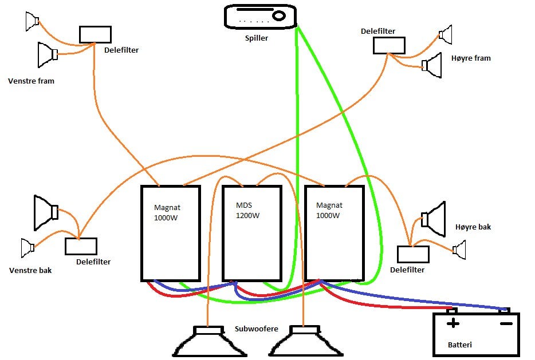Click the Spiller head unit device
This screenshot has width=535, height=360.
(261, 17)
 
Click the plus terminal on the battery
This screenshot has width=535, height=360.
(453, 323)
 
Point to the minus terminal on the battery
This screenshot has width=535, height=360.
(506, 323)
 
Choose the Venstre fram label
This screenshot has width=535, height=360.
(32, 81)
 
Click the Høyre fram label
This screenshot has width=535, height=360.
(471, 58)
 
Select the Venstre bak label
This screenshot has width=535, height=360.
(30, 270)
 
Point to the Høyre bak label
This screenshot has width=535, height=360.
(473, 227)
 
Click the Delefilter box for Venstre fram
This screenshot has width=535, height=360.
(95, 34)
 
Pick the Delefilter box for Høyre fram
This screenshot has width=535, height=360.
(389, 45)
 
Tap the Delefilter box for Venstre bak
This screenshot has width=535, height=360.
(81, 246)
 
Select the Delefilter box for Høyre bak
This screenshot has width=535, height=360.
(413, 254)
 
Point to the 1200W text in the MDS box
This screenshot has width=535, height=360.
(247, 216)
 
